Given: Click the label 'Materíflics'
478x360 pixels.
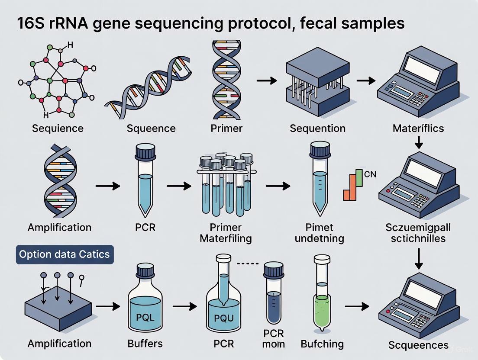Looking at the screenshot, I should coord(418,128).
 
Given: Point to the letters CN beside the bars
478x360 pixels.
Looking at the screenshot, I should coord(371,174).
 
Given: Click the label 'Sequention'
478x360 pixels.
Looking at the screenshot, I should coord(317,128).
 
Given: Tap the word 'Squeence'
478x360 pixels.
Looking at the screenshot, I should coord(151,128).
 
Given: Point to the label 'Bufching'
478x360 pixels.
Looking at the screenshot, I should coord(322,344).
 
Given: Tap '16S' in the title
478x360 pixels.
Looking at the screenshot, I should coord(29,23).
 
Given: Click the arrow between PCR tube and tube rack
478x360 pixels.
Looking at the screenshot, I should coord(178,186).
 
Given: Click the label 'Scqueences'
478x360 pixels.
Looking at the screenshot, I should coord(418,345).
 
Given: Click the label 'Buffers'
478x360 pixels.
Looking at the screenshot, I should coord(145,344).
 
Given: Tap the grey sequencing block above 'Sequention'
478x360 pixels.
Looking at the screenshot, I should coord(317,82).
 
